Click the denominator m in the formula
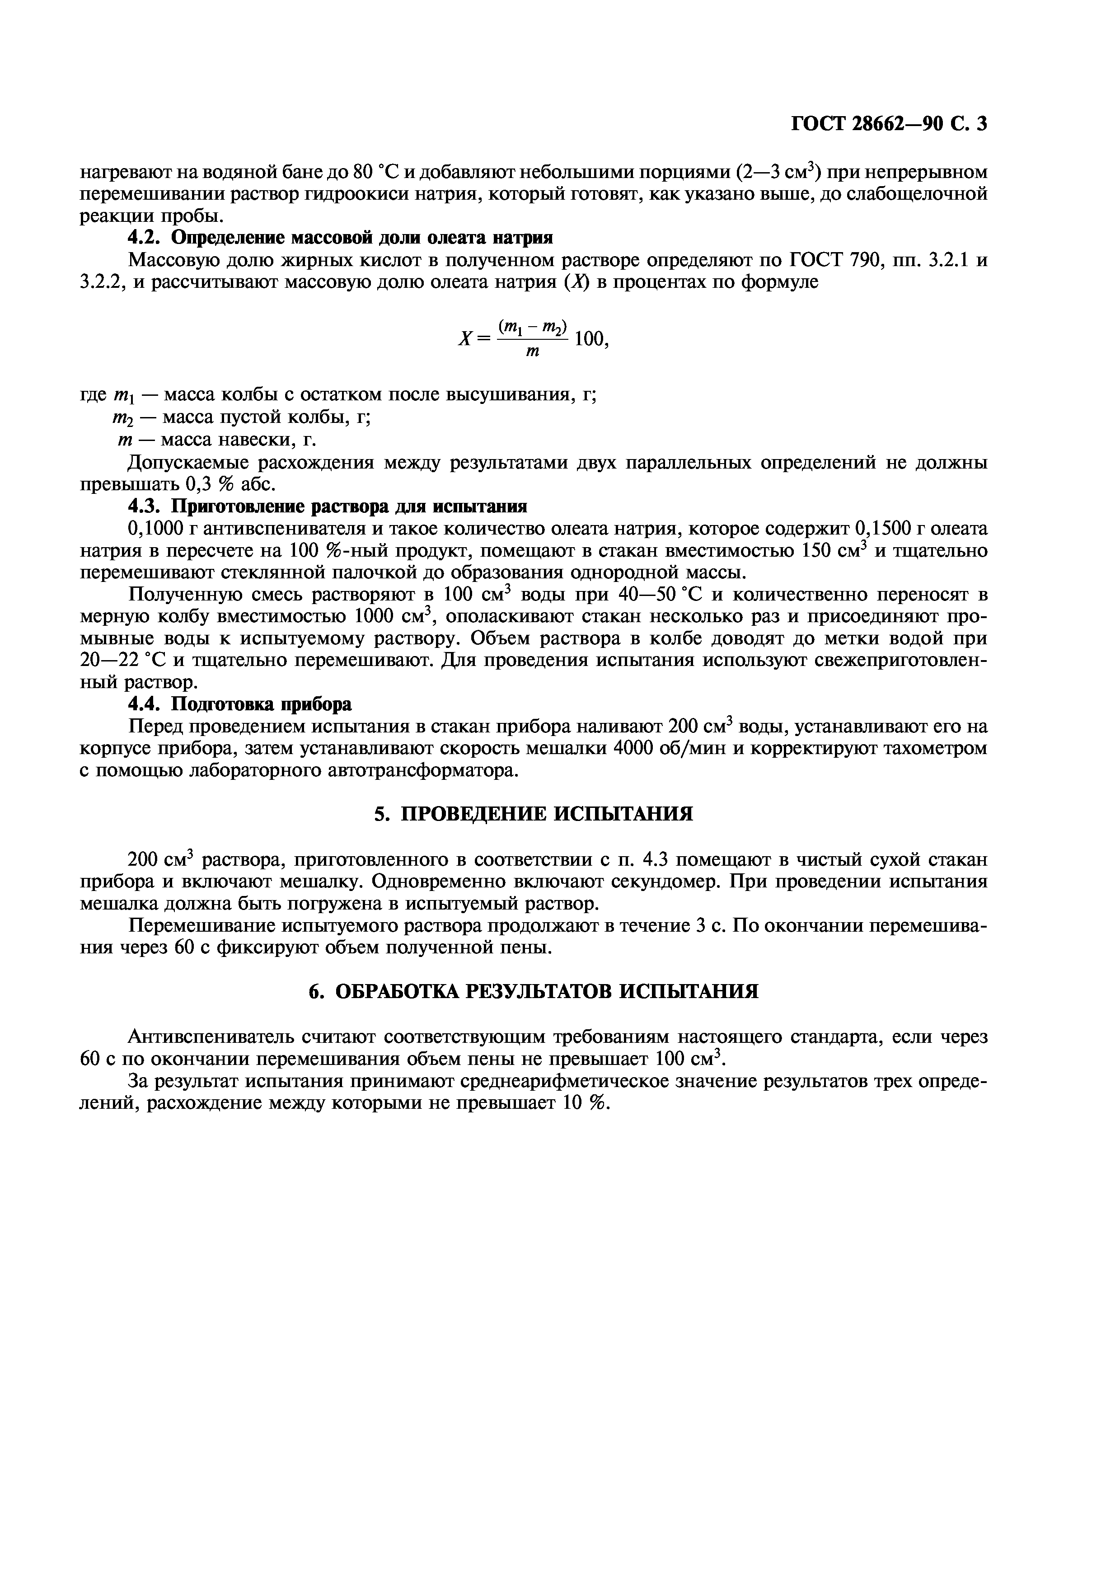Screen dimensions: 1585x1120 tap(532, 352)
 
